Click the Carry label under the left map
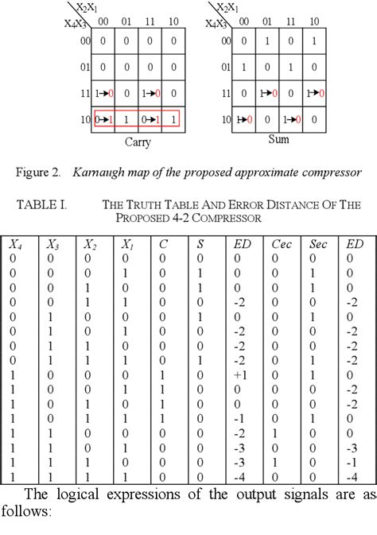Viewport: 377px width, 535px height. coord(138,143)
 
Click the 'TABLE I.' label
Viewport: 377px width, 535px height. coord(41,204)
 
